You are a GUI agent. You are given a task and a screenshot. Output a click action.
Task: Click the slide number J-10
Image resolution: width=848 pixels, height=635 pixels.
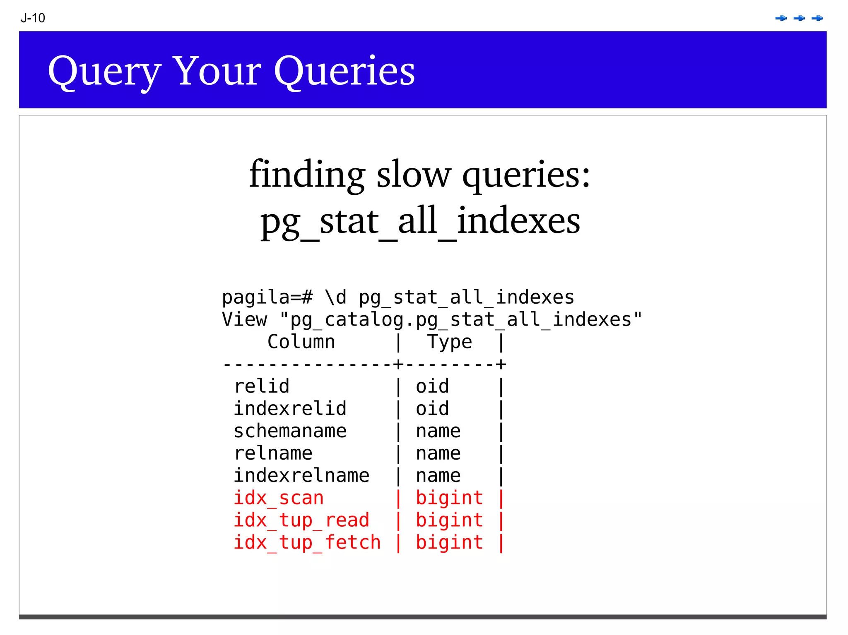coord(33,18)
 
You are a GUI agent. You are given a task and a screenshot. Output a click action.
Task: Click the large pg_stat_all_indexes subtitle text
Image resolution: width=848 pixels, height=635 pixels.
coord(420,221)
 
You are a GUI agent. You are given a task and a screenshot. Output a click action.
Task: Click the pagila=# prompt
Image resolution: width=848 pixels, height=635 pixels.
coord(267,297)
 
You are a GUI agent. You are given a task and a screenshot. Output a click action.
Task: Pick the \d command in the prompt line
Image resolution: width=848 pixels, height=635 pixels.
coord(335,297)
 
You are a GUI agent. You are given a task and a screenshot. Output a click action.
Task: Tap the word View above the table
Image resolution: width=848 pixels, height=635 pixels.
coord(244,319)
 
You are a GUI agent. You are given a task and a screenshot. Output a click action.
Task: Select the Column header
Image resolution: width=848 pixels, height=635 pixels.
coord(301,342)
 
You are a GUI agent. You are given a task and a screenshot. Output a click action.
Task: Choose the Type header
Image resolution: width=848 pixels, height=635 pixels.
coord(449,342)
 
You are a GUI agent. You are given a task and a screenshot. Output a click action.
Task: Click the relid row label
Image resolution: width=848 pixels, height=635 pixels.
coord(262,386)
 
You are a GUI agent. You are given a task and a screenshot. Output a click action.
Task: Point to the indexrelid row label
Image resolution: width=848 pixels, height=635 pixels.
coord(290,409)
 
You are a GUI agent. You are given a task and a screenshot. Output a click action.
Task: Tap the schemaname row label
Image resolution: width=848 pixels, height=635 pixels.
coord(290,431)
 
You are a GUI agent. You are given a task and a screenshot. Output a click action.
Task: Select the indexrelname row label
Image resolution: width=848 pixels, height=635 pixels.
coord(301,476)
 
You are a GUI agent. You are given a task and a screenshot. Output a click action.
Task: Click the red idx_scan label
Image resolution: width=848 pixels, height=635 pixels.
coord(278,498)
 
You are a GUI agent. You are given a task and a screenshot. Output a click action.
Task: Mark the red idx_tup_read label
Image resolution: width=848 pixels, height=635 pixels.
coord(301,520)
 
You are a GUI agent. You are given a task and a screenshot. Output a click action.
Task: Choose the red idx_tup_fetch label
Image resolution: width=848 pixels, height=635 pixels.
coord(307,543)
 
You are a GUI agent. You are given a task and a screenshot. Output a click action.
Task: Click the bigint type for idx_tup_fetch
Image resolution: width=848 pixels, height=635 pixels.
coord(449,543)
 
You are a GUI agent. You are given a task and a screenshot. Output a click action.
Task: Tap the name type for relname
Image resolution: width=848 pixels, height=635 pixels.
coord(438,453)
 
